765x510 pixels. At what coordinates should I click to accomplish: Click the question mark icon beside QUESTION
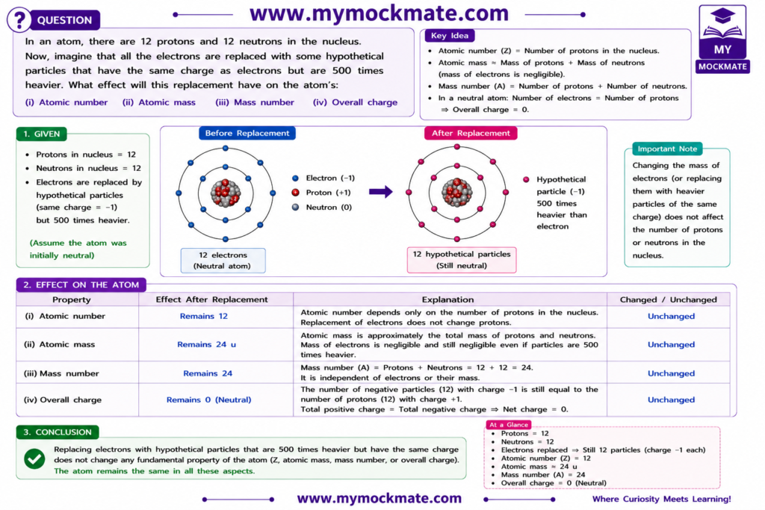pos(19,20)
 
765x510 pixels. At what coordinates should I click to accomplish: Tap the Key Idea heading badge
pos(449,36)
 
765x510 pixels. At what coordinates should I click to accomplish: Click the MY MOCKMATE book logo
pos(722,39)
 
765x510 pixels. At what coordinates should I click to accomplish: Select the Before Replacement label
pos(247,133)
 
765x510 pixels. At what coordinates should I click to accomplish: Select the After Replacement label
pos(471,133)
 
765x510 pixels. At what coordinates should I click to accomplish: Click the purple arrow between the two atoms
pos(380,192)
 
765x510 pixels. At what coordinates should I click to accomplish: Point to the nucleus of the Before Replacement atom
pos(226,193)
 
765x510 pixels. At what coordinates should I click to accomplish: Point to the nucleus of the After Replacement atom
pos(456,193)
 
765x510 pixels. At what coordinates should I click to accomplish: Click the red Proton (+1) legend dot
pos(295,193)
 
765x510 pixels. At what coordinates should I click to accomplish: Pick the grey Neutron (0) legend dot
pos(295,207)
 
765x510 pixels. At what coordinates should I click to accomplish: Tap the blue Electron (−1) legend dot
pos(295,178)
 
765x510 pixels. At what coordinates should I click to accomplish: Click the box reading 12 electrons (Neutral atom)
pos(223,261)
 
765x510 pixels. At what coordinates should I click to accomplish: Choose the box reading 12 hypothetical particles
pos(462,260)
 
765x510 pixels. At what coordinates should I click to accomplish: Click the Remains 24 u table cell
pos(206,344)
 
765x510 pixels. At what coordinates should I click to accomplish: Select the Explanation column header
pos(447,299)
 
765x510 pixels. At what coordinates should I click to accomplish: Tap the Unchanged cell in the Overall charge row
pos(671,399)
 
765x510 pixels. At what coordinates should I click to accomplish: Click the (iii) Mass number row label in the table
pos(61,373)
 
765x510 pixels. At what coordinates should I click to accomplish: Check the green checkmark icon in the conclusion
pos(34,458)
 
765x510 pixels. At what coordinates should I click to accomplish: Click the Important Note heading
pos(667,149)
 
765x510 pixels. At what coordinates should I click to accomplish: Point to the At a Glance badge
pos(508,425)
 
